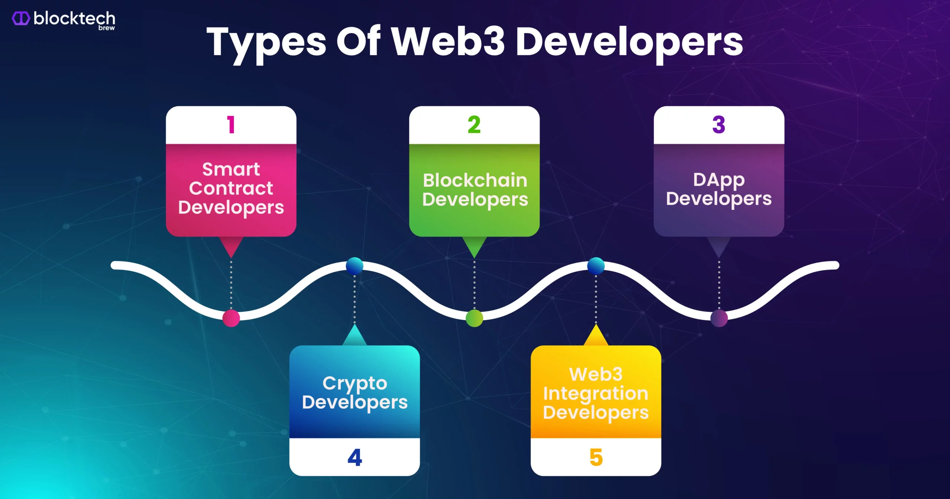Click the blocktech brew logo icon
(21, 18)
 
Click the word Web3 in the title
(448, 42)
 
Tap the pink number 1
(231, 124)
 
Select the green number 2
(474, 124)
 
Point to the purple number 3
(719, 124)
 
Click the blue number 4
(355, 457)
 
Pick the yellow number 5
(596, 457)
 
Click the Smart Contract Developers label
(231, 189)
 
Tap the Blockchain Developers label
(475, 190)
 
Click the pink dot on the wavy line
(231, 318)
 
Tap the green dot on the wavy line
(474, 318)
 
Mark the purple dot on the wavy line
(719, 318)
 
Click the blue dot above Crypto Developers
(354, 266)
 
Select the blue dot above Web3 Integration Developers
(596, 266)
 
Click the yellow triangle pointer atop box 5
(596, 335)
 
